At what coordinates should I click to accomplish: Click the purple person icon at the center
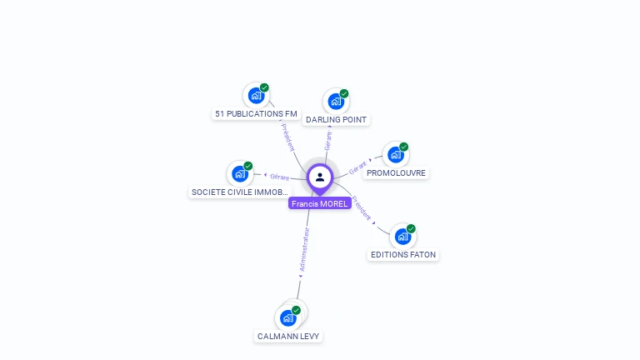tap(320, 177)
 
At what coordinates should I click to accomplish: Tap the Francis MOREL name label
tap(320, 203)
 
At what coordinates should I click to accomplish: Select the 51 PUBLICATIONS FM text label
tap(256, 113)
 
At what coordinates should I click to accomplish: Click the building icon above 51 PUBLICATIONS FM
tap(255, 96)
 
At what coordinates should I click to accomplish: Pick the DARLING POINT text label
tap(337, 120)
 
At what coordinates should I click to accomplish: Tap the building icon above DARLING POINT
tap(336, 102)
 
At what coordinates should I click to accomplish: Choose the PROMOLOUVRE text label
tap(396, 173)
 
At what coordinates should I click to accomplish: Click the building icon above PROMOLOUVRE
tap(396, 155)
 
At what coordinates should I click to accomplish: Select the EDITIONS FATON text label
tap(402, 254)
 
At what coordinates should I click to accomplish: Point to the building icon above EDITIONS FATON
tap(402, 237)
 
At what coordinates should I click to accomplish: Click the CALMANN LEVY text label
tap(288, 336)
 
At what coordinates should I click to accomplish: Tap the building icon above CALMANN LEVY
tap(288, 317)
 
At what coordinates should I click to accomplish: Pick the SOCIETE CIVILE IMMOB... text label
tap(240, 192)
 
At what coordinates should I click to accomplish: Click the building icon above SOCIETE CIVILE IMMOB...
tap(240, 173)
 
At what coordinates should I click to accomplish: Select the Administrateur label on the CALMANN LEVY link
tap(305, 249)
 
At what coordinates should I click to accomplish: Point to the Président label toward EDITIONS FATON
tap(361, 207)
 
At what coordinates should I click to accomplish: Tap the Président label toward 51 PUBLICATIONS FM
tap(288, 136)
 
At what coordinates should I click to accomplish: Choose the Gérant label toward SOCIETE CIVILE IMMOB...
tap(279, 177)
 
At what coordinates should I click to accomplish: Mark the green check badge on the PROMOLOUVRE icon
tap(404, 147)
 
